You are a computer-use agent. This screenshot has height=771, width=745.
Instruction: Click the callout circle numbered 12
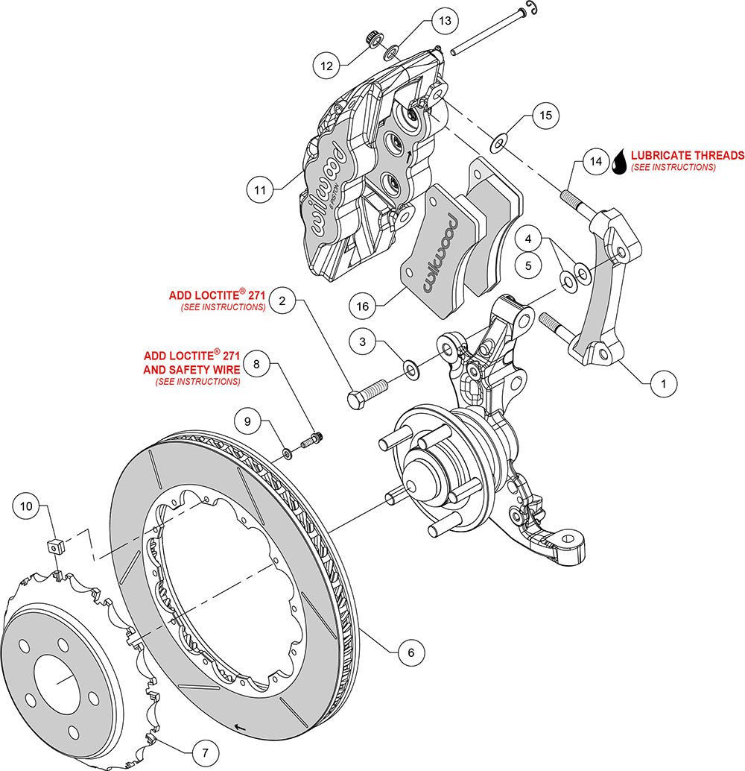tap(326, 66)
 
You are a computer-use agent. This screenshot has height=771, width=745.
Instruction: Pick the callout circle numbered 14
tap(595, 160)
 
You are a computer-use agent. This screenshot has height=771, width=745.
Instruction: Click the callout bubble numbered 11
tap(260, 190)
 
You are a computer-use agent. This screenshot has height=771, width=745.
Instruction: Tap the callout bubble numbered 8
tap(256, 365)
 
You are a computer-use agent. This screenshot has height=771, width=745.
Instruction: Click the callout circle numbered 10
tap(27, 506)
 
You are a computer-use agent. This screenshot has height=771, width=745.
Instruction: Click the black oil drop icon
tap(619, 162)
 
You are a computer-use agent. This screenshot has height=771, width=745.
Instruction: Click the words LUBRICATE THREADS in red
tap(687, 156)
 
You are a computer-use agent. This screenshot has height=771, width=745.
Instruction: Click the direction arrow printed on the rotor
tap(238, 726)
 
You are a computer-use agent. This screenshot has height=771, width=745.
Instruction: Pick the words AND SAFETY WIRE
tap(192, 369)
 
